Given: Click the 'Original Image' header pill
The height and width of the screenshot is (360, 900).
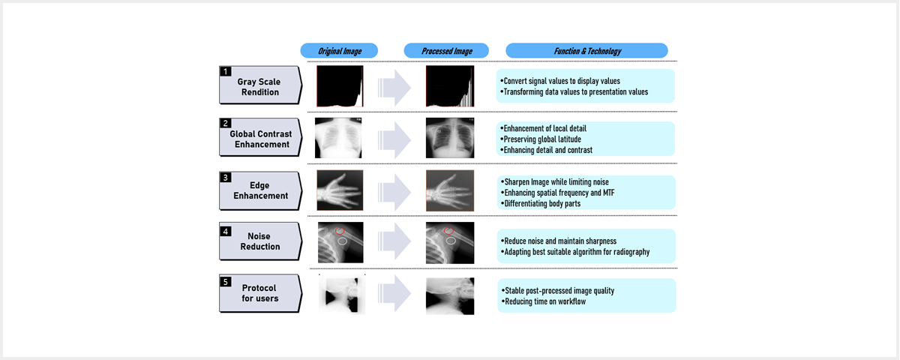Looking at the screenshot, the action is tap(339, 51).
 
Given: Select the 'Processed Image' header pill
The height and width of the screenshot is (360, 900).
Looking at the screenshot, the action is tap(446, 51).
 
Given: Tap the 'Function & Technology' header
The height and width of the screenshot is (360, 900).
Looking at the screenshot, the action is tap(587, 51).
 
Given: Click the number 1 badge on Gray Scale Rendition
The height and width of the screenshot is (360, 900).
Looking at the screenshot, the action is tap(226, 71).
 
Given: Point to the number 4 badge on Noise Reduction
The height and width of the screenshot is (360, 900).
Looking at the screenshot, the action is tap(226, 232).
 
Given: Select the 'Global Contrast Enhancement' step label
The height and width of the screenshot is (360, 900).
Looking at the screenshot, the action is tap(261, 139).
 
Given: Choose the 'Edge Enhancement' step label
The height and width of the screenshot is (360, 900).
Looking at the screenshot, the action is tap(260, 190).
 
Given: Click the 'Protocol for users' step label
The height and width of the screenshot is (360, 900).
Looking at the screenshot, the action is tap(259, 293).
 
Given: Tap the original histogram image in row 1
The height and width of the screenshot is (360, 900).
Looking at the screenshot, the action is tap(340, 86).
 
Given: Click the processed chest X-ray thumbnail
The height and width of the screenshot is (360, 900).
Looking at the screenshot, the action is tap(450, 138).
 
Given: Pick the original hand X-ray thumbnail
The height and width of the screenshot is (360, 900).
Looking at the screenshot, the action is tap(340, 190).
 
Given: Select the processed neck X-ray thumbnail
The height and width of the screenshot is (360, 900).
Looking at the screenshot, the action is tap(450, 296).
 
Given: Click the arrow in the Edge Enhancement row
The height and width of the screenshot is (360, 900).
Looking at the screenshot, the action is tap(394, 192).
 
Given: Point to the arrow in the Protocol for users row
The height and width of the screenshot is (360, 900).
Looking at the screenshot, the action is tap(394, 293).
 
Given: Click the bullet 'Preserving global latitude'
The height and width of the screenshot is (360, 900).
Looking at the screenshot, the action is tap(541, 139).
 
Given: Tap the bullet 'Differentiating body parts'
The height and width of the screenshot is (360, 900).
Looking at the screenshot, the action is tap(541, 204).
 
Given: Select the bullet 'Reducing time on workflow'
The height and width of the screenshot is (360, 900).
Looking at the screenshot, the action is tap(544, 301).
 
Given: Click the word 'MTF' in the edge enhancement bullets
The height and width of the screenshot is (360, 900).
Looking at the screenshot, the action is tap(609, 193).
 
